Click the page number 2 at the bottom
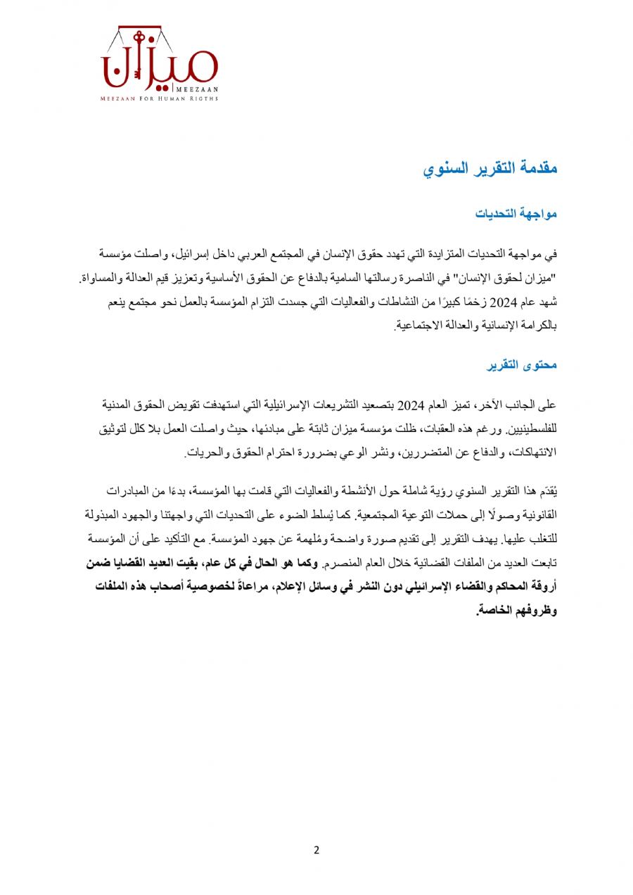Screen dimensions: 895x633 click(316, 849)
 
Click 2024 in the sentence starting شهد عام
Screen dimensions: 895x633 click(503, 304)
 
